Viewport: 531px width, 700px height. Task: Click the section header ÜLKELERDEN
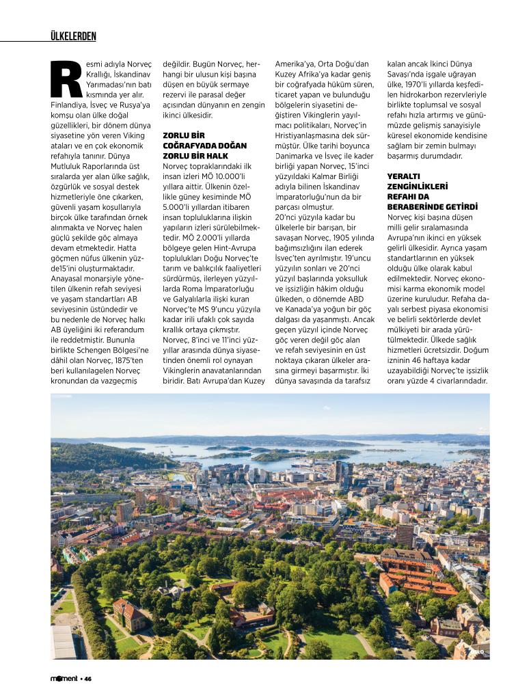coord(73,36)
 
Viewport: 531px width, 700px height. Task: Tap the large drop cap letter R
coord(66,79)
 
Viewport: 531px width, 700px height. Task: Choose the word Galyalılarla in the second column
coord(197,309)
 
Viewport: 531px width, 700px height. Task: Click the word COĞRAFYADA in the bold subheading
coord(193,146)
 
